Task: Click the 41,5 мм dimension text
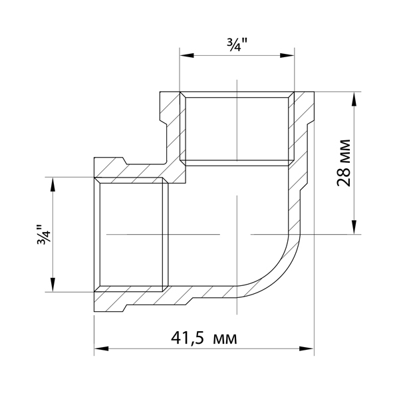(x=204, y=338)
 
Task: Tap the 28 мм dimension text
(x=344, y=163)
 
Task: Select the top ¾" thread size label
(x=237, y=46)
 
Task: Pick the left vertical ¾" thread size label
(x=44, y=235)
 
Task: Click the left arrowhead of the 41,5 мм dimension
(x=102, y=348)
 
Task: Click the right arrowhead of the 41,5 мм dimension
(x=307, y=348)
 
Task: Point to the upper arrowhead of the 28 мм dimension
(x=354, y=99)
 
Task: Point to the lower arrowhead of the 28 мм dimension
(x=354, y=227)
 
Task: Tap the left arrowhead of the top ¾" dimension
(x=187, y=56)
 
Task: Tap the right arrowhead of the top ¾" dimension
(x=287, y=56)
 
